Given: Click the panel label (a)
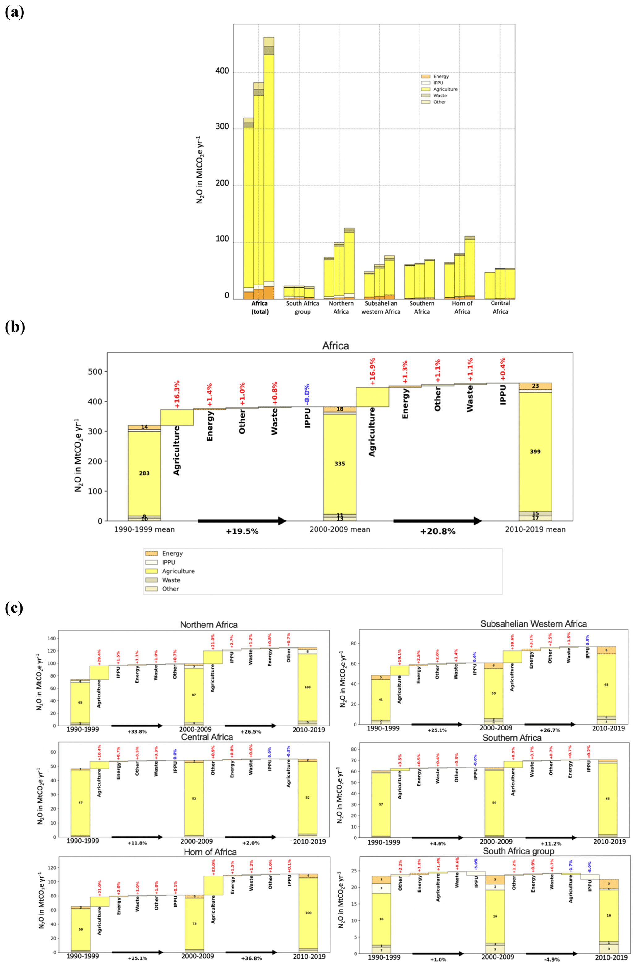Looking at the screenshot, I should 14,12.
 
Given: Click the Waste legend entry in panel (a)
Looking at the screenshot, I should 440,95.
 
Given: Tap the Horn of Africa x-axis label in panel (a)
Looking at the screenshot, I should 462,307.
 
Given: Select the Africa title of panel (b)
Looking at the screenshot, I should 335,346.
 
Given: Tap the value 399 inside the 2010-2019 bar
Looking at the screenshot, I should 535,451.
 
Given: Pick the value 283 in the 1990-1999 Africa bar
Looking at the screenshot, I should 144,473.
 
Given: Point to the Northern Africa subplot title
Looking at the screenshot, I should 209,625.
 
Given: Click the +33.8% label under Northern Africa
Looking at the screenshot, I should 137,732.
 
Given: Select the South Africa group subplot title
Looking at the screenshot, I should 518,851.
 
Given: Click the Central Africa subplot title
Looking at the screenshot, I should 207,737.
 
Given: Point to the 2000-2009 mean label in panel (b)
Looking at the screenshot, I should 340,529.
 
